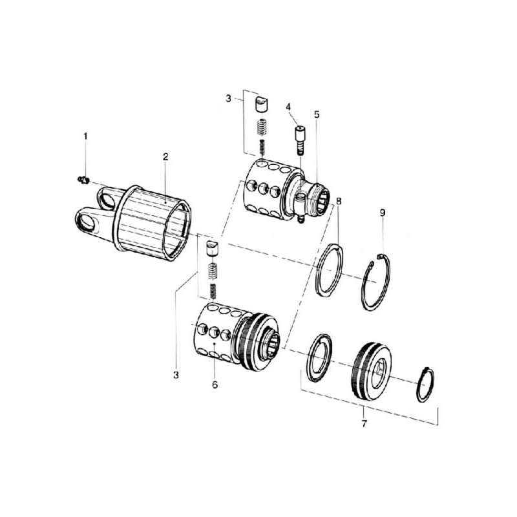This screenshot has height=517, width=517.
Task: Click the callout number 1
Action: coord(86,136)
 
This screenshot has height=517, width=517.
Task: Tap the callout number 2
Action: coord(165,157)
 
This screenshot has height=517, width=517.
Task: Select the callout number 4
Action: coord(288,107)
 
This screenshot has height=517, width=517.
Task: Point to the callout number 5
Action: coord(317,115)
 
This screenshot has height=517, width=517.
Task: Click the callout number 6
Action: coord(215,385)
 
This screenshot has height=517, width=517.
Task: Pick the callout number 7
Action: coord(364,424)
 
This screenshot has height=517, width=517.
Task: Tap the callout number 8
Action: coord(339,201)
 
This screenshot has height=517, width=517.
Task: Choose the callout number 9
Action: coord(383,213)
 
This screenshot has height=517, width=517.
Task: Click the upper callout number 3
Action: coord(229,98)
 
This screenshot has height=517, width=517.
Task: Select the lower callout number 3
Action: coord(176,375)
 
